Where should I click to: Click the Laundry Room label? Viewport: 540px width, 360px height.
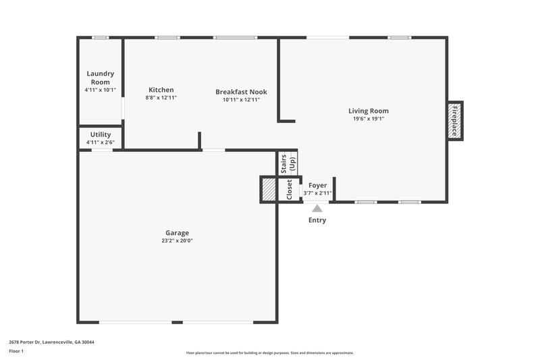[100, 78]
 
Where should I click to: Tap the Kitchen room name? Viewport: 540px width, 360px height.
[161, 90]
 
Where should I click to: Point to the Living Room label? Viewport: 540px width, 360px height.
[369, 111]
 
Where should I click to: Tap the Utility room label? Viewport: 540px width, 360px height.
[100, 134]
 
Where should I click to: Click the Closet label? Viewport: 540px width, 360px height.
[290, 190]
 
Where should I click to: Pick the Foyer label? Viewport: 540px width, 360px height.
[317, 185]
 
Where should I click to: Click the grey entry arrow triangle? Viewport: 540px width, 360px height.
[317, 209]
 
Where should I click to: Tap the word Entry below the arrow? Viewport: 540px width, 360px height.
[317, 220]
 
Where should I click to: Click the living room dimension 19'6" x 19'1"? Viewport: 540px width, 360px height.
[369, 119]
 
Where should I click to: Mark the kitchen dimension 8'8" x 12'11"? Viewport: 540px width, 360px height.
[161, 98]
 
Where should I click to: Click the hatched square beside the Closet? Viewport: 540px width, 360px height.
[269, 190]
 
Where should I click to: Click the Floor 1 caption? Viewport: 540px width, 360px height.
[16, 352]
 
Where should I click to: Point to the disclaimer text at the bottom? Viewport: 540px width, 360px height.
[270, 353]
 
